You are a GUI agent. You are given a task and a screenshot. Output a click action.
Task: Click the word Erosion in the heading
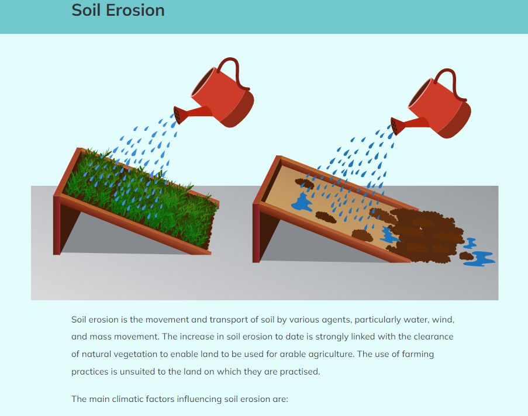(135, 10)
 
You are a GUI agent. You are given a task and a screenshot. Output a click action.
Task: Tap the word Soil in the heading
(85, 10)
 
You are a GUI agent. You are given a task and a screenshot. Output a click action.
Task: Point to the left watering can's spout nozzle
(177, 115)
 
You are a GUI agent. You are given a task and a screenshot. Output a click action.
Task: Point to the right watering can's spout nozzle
(395, 126)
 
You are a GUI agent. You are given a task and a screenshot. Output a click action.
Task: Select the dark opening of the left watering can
(203, 82)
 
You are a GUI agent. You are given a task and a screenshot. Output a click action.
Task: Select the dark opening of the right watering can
(420, 93)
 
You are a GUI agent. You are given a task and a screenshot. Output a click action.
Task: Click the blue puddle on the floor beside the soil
(480, 258)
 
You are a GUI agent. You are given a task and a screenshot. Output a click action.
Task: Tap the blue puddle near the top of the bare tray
(302, 203)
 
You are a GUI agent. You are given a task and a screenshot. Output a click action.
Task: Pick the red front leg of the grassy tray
(57, 225)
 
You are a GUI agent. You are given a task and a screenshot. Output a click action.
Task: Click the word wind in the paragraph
(443, 320)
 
